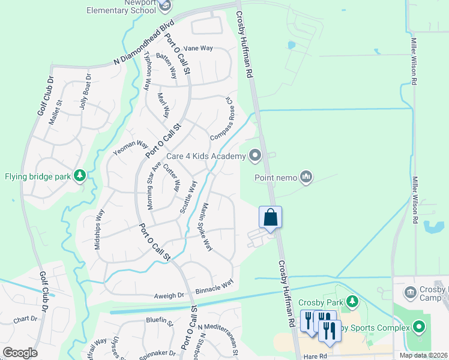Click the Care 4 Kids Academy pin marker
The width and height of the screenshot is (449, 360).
click(255, 156)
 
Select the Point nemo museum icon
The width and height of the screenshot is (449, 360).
click(307, 176)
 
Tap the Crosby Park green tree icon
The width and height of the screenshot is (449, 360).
click(354, 301)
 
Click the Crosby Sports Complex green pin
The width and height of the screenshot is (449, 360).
click(419, 327)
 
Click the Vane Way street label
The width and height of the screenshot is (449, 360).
click(198, 48)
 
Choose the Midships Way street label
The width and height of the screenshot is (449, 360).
click(99, 229)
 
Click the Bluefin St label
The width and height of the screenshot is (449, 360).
click(159, 320)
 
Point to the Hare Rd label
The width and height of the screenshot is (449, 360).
click(314, 356)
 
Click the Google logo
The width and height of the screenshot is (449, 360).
click(20, 353)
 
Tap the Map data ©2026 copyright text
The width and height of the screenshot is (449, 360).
click(424, 355)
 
